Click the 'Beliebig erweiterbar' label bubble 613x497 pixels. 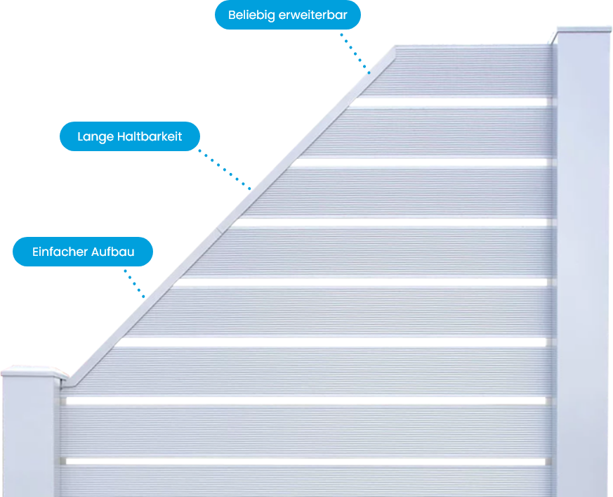[288, 15]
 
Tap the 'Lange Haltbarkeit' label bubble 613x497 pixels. [130, 136]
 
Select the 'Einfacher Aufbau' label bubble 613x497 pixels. [83, 252]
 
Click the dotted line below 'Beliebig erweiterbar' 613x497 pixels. [355, 53]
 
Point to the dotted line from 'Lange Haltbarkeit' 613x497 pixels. [225, 169]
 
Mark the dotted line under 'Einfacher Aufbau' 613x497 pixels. [135, 284]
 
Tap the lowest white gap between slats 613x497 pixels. [305, 462]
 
